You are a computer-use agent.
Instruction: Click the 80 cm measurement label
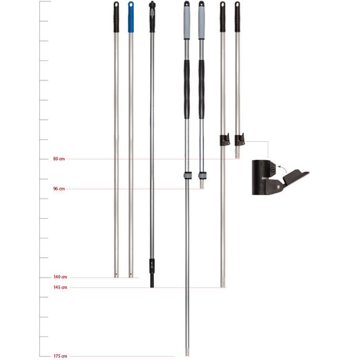click(59, 159)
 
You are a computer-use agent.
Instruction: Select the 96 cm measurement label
click(59, 189)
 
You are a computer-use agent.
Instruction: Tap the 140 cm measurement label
click(60, 278)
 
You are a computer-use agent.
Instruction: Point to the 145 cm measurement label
click(60, 288)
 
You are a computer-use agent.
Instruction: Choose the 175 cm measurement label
click(60, 356)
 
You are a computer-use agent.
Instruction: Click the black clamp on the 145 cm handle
click(224, 140)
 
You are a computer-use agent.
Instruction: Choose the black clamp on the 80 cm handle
click(239, 140)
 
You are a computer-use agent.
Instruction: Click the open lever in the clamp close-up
click(294, 178)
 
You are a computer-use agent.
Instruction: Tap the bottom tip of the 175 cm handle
click(187, 352)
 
